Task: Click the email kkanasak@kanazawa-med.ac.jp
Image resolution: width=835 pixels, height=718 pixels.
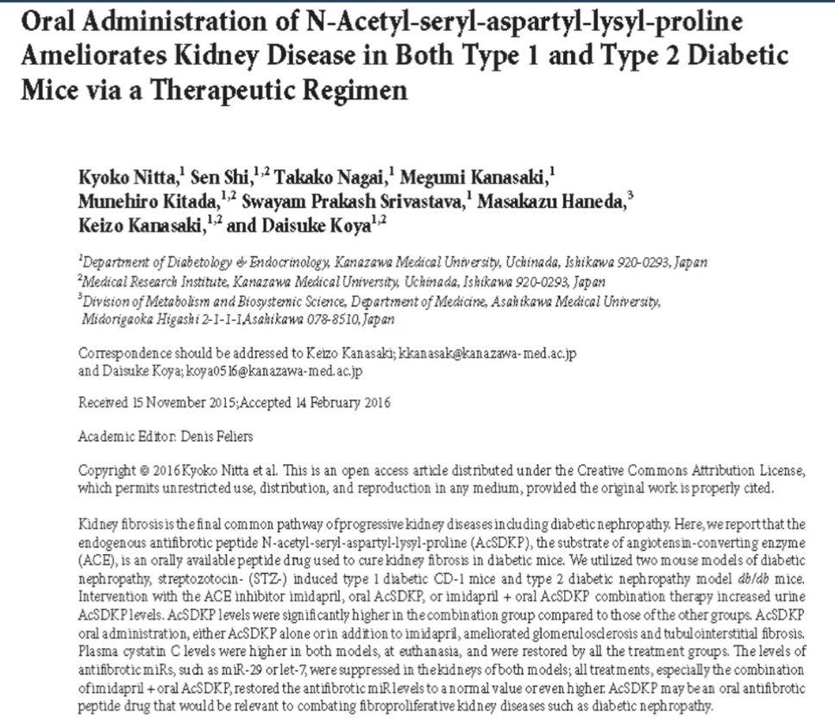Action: [493, 355]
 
